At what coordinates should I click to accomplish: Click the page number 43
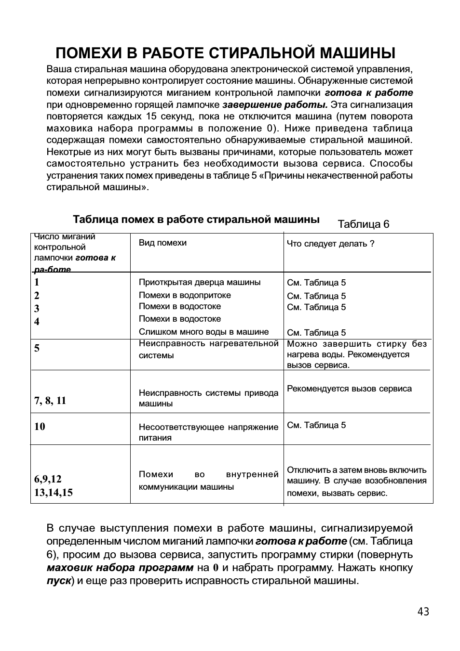pos(423,612)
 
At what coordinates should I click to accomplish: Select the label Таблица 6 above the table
pos(363,224)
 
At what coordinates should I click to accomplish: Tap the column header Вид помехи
pos(162,243)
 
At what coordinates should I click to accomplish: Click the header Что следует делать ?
pos(330,244)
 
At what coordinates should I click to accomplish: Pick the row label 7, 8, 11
pos(50,401)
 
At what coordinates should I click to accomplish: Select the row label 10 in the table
pos(40,426)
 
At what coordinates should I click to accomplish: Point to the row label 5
pos(37,348)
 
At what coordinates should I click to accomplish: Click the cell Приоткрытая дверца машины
pos(200,282)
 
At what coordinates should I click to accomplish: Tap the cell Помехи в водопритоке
pos(185,295)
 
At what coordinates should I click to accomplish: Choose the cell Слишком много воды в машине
pos(203,332)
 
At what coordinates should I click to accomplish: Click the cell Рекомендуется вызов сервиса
pos(349,389)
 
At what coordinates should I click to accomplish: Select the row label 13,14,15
pos(54,492)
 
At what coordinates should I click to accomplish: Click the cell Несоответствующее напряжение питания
pos(208,432)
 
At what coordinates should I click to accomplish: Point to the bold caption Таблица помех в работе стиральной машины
pos(196,220)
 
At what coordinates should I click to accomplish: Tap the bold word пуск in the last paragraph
pos(59,580)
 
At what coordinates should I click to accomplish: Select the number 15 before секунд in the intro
pos(150,116)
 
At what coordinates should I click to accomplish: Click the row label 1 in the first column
pos(37,282)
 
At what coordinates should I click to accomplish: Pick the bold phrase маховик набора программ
pos(120,568)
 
